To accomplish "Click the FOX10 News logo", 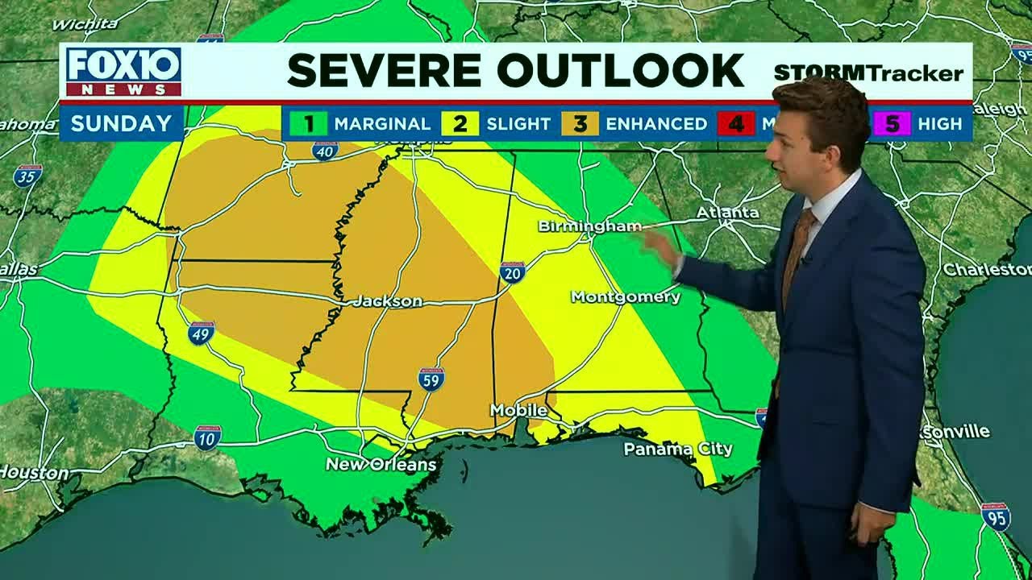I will click(123, 72).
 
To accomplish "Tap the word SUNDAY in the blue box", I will click(121, 123).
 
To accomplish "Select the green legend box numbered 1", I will click(309, 123).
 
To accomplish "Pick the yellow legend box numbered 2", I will click(460, 123).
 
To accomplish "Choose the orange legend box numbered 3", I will click(580, 123).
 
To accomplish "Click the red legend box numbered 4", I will click(735, 123).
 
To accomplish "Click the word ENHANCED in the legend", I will click(656, 124).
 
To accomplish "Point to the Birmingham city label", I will click(589, 226).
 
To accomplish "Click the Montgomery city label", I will click(626, 297).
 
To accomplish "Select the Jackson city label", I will click(388, 301).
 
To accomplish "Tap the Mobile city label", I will click(518, 411).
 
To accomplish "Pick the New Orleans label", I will click(381, 465).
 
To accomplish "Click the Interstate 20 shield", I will click(512, 272).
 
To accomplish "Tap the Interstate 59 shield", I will click(431, 379).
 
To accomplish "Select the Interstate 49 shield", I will click(201, 333).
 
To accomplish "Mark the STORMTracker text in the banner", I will click(868, 74).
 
